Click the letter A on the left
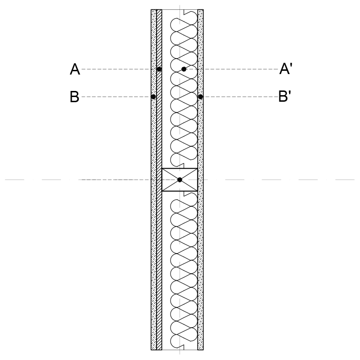pos(75,69)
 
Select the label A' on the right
pos(286,68)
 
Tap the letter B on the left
pos(75,97)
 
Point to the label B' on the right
pos(285,96)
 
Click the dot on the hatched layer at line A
pos(159,69)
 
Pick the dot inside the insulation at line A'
pos(184,69)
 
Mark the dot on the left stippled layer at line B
pos(153,97)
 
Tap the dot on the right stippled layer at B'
pos(200,97)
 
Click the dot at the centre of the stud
pos(180,180)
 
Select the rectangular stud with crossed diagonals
pos(180,180)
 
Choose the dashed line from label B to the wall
pos(116,97)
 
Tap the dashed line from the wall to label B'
pos(240,97)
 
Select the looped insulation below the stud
pos(184,270)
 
